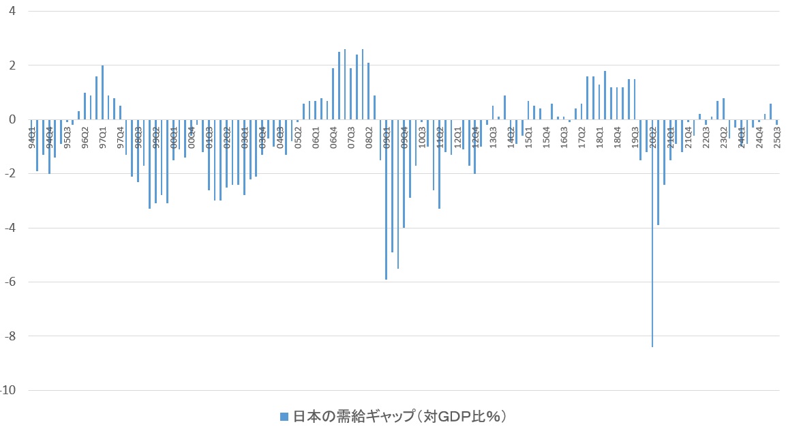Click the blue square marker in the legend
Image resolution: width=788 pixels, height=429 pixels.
click(284, 417)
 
